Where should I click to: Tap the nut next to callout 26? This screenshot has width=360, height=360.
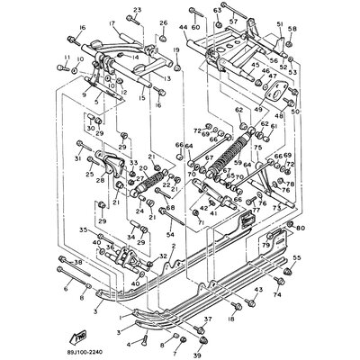point(163,37)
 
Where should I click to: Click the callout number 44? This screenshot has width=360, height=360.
point(183,29)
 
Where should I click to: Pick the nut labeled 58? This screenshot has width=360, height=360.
point(292,42)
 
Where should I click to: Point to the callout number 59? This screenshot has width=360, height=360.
point(238,164)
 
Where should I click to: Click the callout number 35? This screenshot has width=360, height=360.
point(82,230)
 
